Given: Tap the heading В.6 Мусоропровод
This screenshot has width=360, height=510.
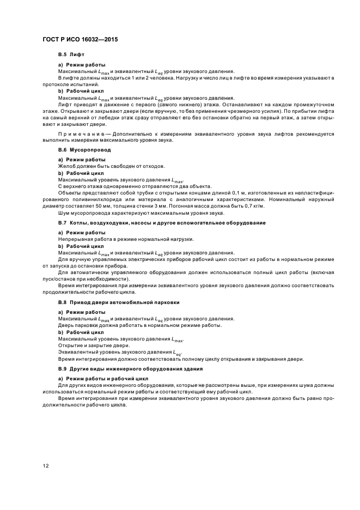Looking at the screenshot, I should (x=84, y=149).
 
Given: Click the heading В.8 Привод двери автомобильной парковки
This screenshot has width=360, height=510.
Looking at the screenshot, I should (x=119, y=301).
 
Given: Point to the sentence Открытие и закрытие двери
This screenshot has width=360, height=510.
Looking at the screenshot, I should (x=94, y=345).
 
